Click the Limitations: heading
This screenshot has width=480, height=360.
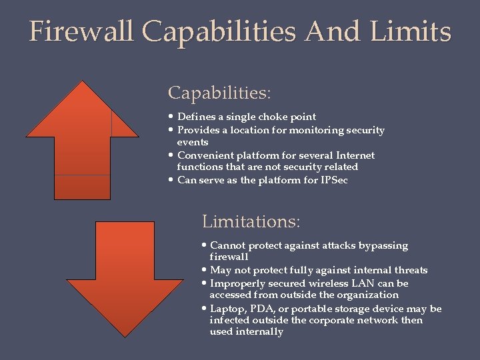pyautogui.click(x=251, y=221)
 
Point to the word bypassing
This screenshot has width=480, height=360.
pyautogui.click(x=383, y=245)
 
